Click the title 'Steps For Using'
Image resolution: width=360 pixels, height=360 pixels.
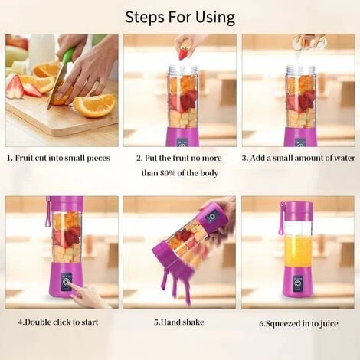(x=180, y=17)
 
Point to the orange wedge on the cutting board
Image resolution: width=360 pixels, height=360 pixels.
(x=94, y=104)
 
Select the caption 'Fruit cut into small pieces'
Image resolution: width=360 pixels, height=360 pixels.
(x=63, y=159)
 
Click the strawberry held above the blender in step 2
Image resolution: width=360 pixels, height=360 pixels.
(x=183, y=52)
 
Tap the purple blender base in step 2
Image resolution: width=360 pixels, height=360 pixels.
(x=182, y=137)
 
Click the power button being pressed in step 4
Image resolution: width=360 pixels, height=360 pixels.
(x=67, y=283)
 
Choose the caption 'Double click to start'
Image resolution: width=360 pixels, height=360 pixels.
(x=58, y=322)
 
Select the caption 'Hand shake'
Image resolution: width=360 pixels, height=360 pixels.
(x=179, y=322)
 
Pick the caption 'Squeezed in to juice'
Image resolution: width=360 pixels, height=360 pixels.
(x=298, y=323)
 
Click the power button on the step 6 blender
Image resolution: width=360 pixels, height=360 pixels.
(x=297, y=282)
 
